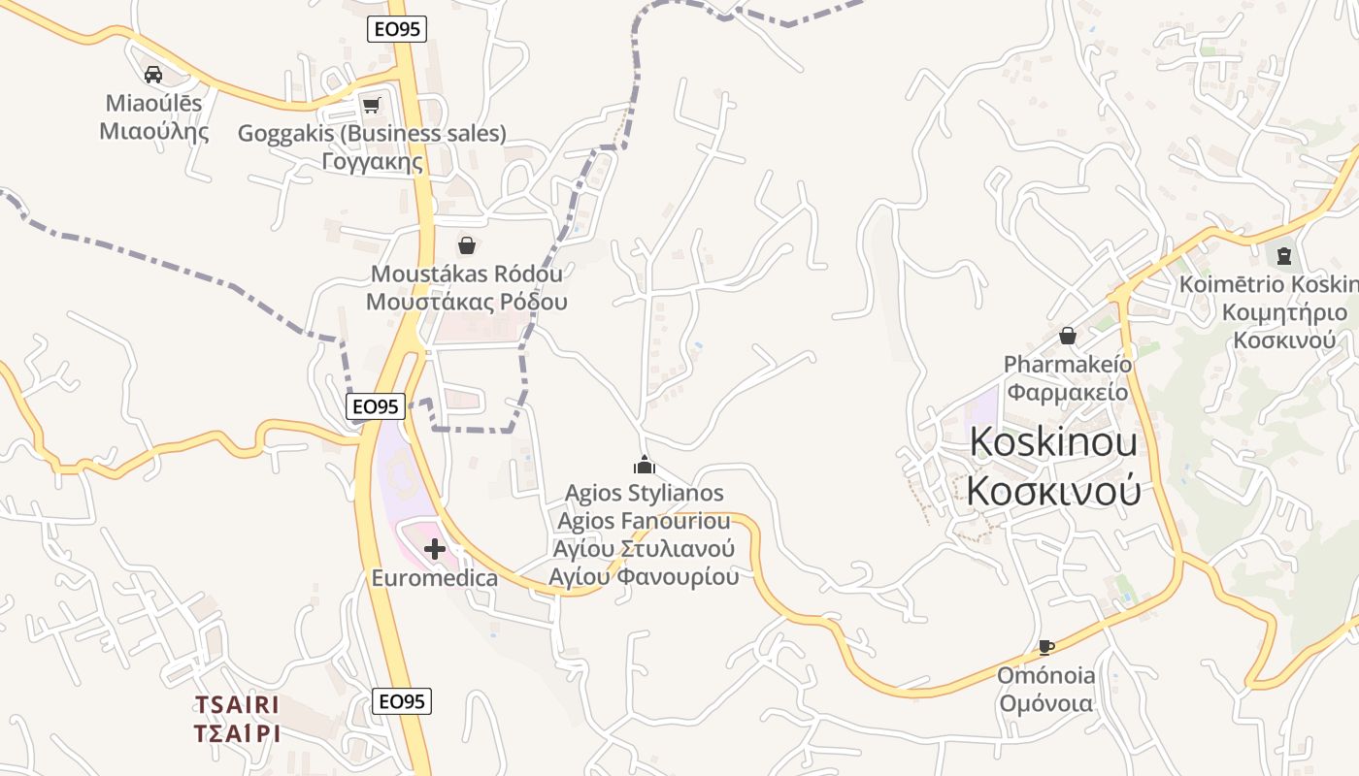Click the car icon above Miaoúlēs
click(152, 74)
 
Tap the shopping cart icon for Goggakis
click(371, 105)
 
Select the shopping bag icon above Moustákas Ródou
click(467, 244)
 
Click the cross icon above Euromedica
click(435, 549)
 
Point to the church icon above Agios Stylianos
click(644, 465)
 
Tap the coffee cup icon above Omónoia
click(1045, 647)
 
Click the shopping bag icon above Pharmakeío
click(1068, 336)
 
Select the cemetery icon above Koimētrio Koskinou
click(1284, 256)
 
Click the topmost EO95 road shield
click(398, 29)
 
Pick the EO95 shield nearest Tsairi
click(402, 701)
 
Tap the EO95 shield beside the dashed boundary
click(376, 406)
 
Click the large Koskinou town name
click(1053, 442)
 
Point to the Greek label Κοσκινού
click(1053, 491)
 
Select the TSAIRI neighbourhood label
click(237, 704)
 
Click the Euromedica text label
click(435, 578)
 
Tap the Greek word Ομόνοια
click(1046, 703)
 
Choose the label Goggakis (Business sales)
click(372, 134)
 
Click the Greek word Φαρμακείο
click(1068, 392)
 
